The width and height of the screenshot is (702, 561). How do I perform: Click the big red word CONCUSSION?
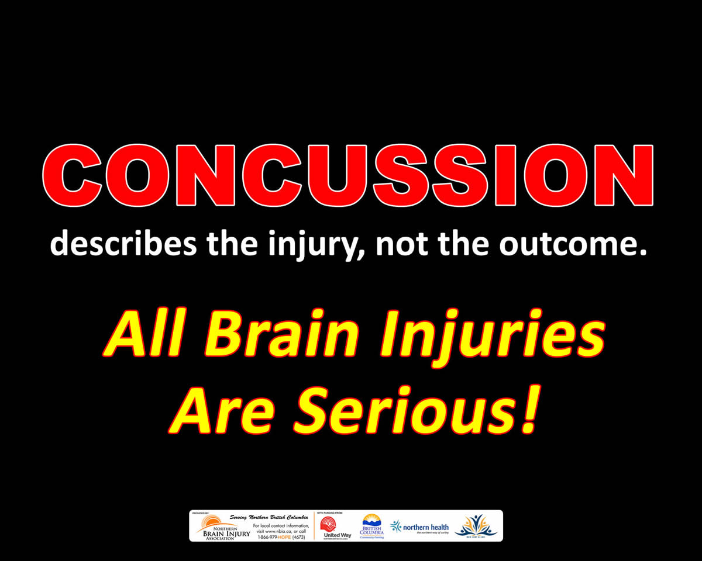[x=347, y=175]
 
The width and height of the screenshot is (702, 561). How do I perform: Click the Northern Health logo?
[x=420, y=528]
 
